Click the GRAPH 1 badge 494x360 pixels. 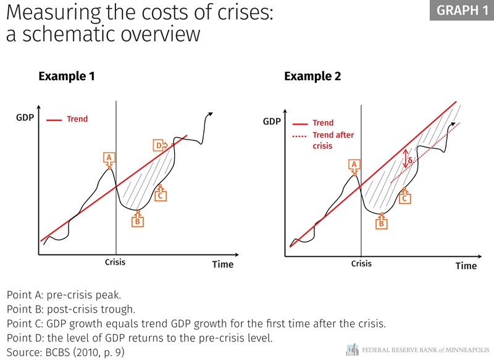(x=461, y=10)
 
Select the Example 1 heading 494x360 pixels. (x=67, y=77)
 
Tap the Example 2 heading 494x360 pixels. (x=312, y=77)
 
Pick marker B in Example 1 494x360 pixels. (x=138, y=220)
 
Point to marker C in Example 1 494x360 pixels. (x=161, y=195)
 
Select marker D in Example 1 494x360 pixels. (x=159, y=145)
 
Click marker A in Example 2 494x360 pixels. (x=354, y=164)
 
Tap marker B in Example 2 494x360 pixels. (x=382, y=224)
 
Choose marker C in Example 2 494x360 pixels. (x=405, y=198)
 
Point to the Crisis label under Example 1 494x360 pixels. (x=115, y=262)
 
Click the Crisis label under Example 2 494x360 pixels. (x=361, y=264)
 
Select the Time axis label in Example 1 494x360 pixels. (x=223, y=264)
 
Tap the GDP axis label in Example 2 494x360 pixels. (x=272, y=121)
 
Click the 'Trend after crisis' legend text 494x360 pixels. (x=333, y=141)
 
